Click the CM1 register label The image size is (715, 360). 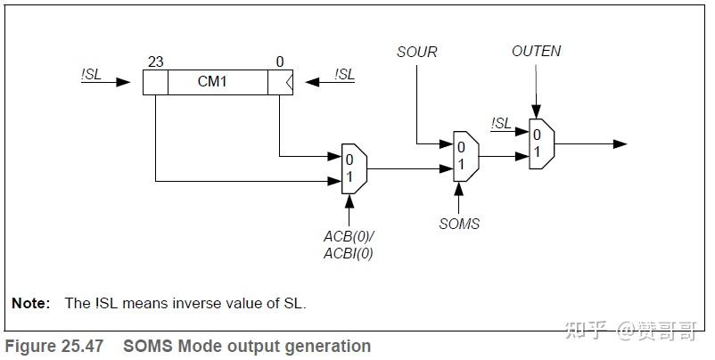click(218, 82)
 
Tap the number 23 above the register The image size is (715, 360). click(155, 62)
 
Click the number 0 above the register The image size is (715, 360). click(279, 62)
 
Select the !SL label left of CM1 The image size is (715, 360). click(91, 75)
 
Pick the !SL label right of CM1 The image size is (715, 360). click(344, 75)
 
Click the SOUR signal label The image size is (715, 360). click(416, 52)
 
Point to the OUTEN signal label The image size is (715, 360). click(536, 51)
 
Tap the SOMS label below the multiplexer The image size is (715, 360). click(459, 224)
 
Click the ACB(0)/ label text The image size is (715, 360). click(349, 237)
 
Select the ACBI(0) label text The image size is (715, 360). click(349, 255)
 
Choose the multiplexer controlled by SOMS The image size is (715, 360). click(464, 156)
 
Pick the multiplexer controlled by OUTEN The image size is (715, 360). click(539, 143)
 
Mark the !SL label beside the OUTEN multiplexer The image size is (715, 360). click(502, 123)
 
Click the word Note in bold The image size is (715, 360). click(30, 303)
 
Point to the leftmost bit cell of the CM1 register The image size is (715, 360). click(155, 83)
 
